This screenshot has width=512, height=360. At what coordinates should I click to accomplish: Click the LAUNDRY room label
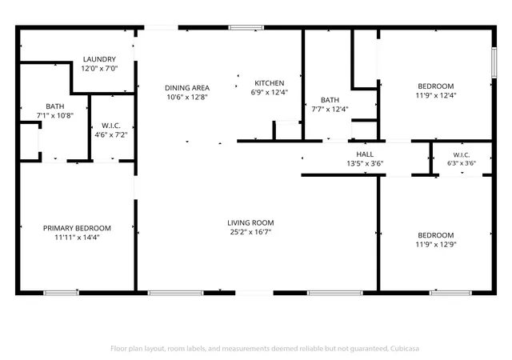click(x=99, y=59)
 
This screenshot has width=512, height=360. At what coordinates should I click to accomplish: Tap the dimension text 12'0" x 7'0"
click(x=99, y=68)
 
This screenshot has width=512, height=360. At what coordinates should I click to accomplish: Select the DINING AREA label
click(x=187, y=88)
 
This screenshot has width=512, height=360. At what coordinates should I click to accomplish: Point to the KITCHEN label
click(x=270, y=83)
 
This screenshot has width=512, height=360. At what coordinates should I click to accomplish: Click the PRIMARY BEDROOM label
click(x=77, y=228)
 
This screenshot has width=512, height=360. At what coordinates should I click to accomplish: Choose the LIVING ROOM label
click(x=250, y=222)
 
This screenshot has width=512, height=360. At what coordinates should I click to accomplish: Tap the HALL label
click(x=365, y=154)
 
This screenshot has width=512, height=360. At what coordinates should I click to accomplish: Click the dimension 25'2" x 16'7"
click(x=250, y=232)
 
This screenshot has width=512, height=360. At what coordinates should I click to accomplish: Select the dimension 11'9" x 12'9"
click(x=436, y=244)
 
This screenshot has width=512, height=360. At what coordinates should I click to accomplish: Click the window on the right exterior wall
click(x=494, y=62)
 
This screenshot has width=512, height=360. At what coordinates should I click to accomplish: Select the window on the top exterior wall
click(x=246, y=27)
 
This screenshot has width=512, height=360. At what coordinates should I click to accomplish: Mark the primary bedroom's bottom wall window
click(x=61, y=293)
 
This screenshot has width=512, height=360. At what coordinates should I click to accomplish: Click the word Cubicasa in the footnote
click(x=405, y=349)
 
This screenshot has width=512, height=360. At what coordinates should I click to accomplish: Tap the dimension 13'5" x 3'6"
click(x=365, y=163)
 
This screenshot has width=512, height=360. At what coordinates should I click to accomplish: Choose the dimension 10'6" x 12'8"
click(x=187, y=97)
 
